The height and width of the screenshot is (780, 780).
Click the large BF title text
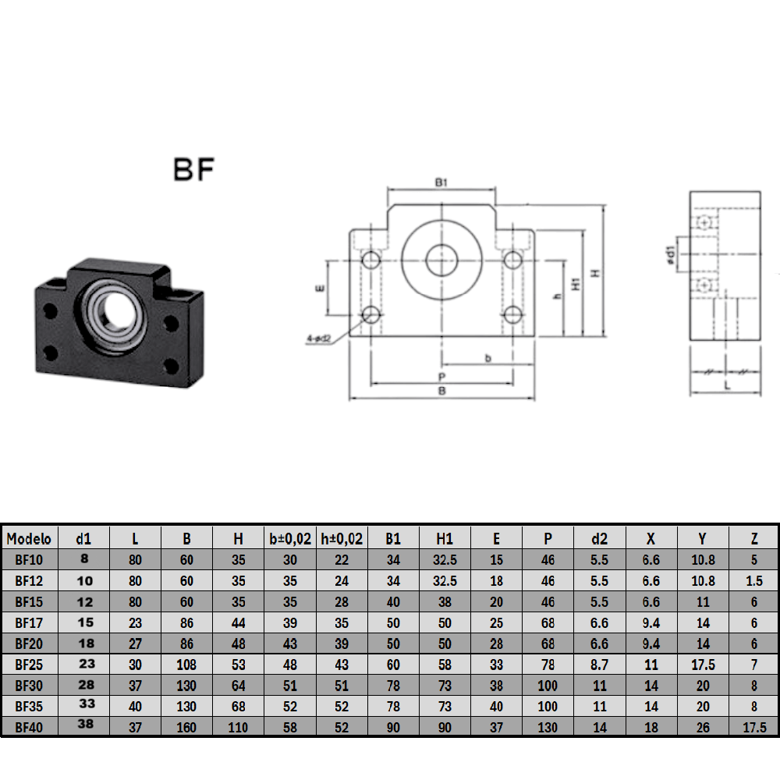point(193,169)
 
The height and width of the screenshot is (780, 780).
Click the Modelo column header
point(29,538)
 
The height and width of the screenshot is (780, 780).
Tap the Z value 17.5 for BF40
point(753,726)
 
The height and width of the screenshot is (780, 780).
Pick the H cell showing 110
point(239,726)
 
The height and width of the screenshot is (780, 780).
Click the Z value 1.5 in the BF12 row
point(753,580)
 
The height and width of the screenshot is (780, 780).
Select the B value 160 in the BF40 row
point(186,726)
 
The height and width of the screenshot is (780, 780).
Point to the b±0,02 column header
point(290,538)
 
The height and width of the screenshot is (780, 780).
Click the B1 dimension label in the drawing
point(441,183)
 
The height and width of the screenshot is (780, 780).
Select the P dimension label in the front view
point(441,376)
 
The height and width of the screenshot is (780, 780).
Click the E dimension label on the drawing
point(319,288)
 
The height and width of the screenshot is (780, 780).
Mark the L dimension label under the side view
point(726,385)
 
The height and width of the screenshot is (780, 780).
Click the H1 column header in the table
point(445,538)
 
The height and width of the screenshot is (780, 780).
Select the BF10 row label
point(29,559)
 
